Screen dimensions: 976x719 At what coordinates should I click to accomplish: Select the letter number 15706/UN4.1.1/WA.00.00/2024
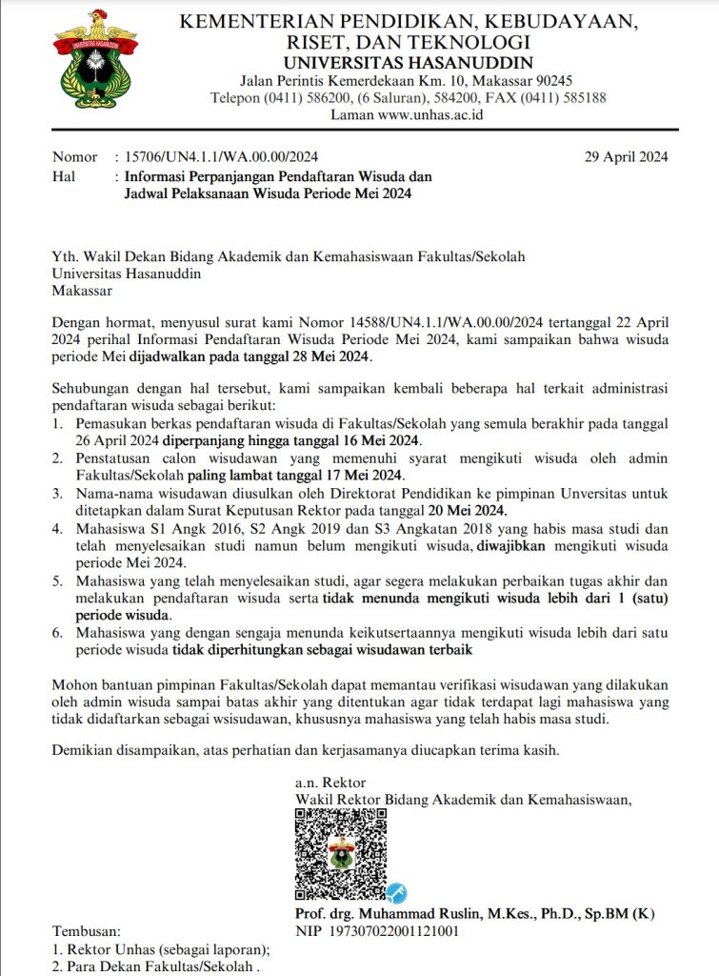click(215, 157)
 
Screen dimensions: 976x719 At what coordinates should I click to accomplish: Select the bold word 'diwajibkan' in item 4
click(514, 546)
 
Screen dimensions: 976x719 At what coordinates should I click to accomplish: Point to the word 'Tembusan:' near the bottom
click(87, 930)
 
